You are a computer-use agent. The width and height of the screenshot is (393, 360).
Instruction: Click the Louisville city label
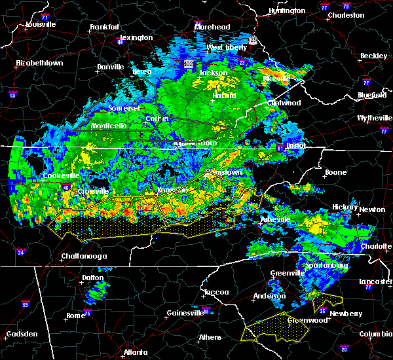[x=40, y=25]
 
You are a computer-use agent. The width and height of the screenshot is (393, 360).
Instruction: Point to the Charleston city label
[x=346, y=14]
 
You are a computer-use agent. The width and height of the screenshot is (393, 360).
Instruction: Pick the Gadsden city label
[x=21, y=334]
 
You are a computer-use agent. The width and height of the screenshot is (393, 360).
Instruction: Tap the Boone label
[x=335, y=173]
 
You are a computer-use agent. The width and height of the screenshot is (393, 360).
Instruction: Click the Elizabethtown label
[x=39, y=63]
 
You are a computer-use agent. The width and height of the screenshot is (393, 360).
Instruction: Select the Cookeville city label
[x=61, y=176]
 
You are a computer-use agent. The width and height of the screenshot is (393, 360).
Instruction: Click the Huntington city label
[x=287, y=11]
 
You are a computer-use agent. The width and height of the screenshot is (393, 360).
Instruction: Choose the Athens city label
[x=211, y=338]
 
